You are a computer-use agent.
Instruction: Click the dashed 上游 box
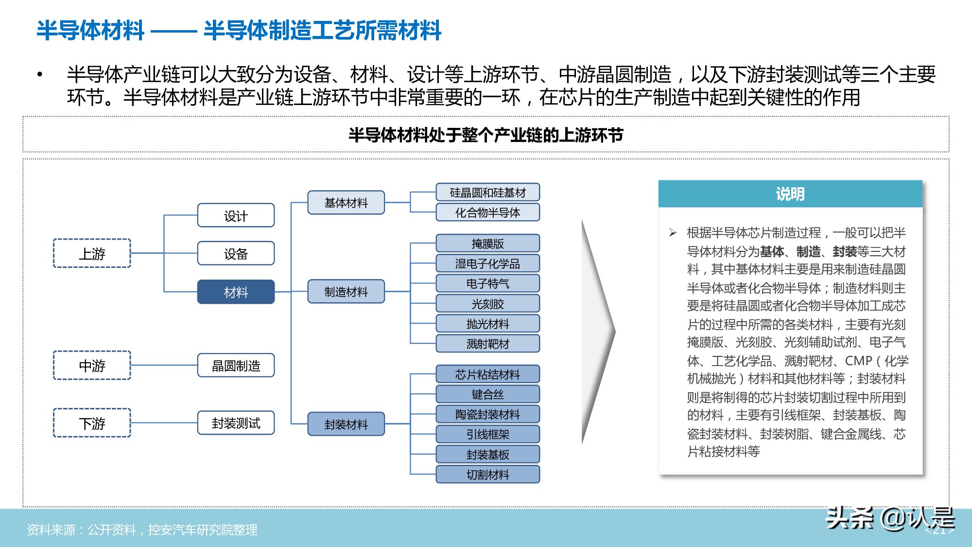click(x=92, y=253)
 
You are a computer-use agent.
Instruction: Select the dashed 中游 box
click(x=92, y=365)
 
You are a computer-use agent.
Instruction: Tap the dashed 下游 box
click(x=92, y=423)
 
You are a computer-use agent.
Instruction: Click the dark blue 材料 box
click(x=236, y=292)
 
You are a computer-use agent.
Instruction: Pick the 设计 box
click(x=236, y=215)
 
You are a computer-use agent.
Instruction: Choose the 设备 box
click(x=236, y=253)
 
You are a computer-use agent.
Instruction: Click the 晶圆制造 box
click(x=236, y=365)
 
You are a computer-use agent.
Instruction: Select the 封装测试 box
click(x=236, y=423)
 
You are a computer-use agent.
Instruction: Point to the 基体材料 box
click(x=346, y=202)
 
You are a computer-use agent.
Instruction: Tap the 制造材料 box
click(x=346, y=292)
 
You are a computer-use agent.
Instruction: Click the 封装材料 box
click(x=346, y=424)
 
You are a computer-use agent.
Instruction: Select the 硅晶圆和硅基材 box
click(x=487, y=193)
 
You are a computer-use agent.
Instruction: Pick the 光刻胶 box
click(x=487, y=304)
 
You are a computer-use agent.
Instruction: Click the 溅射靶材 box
click(x=487, y=344)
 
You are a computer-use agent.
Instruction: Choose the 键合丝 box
click(x=487, y=394)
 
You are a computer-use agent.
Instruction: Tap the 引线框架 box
click(x=487, y=434)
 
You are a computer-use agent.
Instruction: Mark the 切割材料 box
click(x=487, y=475)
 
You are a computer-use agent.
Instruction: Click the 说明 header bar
click(x=790, y=194)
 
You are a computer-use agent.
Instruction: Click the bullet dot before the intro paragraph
click(x=40, y=75)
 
